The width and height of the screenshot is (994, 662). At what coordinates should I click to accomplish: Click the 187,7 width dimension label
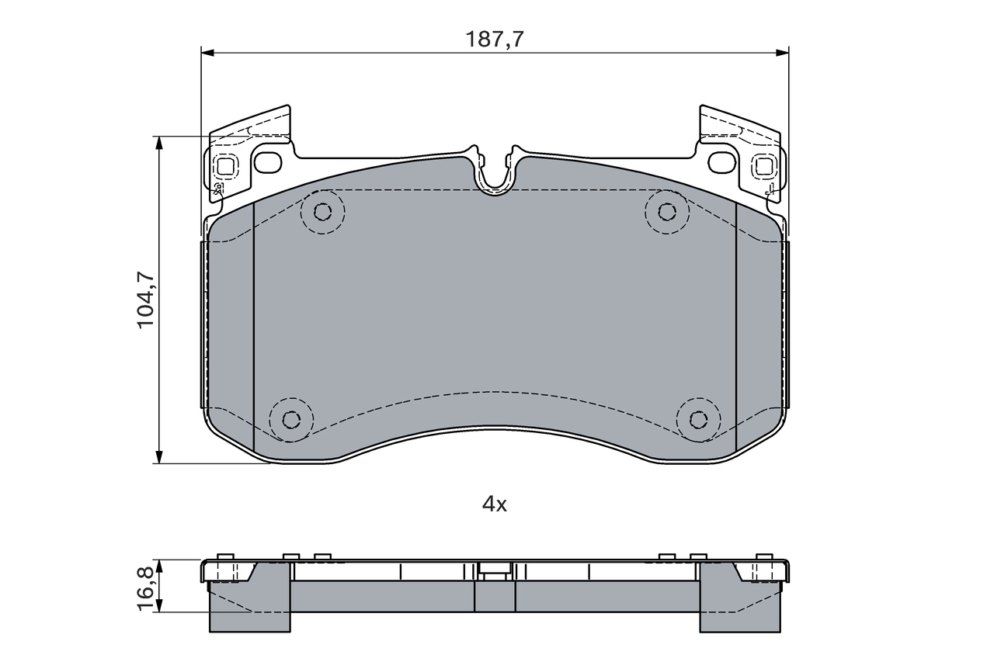pos(494,40)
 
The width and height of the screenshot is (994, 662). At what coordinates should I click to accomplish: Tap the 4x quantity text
pos(495,504)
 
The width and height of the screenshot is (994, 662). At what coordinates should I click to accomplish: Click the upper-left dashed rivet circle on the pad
pos(323,211)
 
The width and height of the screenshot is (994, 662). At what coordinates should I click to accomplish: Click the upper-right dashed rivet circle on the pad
pos(667,211)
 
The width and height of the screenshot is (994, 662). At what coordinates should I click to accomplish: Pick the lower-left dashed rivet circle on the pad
pos(291,420)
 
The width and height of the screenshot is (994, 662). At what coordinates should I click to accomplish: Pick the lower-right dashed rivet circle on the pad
pos(699,420)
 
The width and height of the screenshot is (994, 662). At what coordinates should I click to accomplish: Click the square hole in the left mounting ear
pos(226,165)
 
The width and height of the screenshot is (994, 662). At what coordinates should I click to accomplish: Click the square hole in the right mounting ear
pos(763,165)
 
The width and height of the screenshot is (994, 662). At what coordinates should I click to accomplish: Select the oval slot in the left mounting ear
pos(269,163)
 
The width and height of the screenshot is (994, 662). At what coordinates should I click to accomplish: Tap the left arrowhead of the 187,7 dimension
pos(207,53)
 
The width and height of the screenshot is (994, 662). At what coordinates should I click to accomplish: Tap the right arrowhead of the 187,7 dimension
pos(783,53)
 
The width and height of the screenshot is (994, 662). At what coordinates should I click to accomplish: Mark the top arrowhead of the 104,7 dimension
pos(159,143)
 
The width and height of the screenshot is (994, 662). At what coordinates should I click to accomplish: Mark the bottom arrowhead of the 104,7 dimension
pos(159,458)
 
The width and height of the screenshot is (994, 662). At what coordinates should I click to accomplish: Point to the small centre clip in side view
pos(495,570)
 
